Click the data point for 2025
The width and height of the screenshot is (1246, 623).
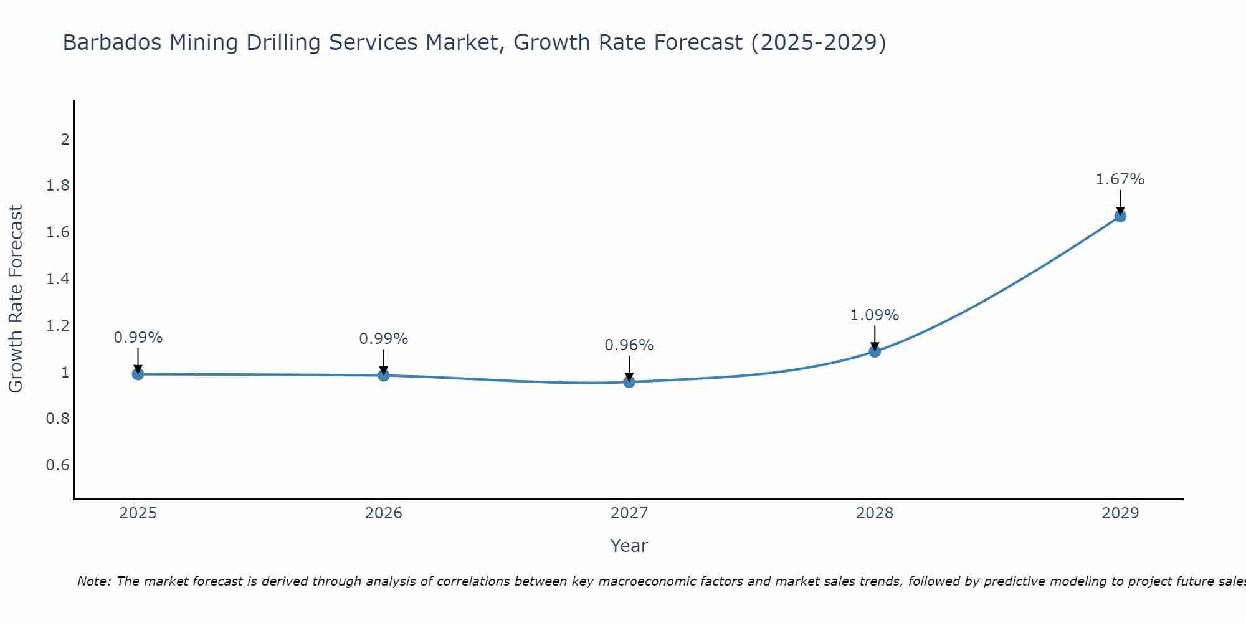click(138, 374)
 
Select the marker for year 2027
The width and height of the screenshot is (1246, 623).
click(629, 381)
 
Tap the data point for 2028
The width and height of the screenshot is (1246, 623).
click(875, 351)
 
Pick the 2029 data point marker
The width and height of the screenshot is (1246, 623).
click(1120, 216)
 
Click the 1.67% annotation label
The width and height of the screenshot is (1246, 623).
click(1120, 179)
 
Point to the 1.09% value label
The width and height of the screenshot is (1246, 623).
click(875, 315)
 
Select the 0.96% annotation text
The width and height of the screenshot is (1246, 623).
click(629, 345)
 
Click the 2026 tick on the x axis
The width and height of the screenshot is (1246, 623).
click(384, 513)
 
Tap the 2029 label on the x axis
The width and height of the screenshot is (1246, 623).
click(1120, 513)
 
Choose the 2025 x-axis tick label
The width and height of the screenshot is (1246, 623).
click(138, 513)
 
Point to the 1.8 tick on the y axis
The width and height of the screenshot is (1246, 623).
click(58, 186)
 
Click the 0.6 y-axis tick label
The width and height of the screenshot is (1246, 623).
click(58, 465)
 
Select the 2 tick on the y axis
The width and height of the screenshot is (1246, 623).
click(65, 139)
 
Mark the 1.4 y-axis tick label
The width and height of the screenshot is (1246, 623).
click(58, 279)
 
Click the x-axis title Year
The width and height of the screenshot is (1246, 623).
click(629, 546)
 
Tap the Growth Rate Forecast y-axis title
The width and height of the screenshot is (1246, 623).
click(16, 299)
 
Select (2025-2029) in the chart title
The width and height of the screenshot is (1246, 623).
click(819, 42)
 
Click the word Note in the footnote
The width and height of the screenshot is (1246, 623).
click(93, 581)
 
